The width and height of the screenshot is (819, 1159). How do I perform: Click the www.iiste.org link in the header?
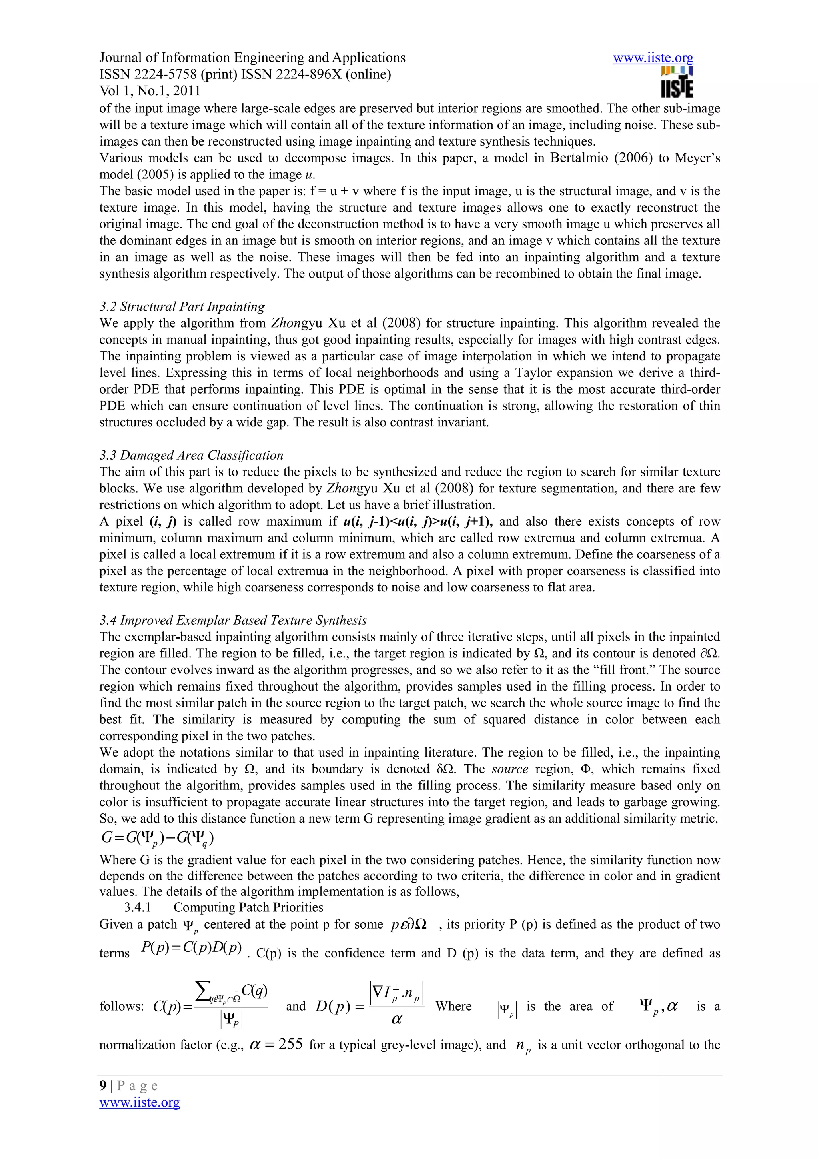653,58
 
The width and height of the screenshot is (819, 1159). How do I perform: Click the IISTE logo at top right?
677,83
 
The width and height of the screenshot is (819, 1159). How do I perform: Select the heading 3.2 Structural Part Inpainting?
182,306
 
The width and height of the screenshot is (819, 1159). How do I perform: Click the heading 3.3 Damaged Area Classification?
191,455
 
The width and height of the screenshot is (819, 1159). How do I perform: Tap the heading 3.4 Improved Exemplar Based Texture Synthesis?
233,620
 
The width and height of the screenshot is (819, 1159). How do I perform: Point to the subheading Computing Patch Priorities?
248,907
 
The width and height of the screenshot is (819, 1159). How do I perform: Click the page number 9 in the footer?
103,1086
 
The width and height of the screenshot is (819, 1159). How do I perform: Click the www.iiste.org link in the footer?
139,1103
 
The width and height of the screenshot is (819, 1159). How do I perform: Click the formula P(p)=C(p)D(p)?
191,947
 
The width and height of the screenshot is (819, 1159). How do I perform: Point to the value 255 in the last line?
290,1044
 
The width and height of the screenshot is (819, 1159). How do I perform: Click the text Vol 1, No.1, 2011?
150,91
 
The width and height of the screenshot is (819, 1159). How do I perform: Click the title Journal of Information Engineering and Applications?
252,58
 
